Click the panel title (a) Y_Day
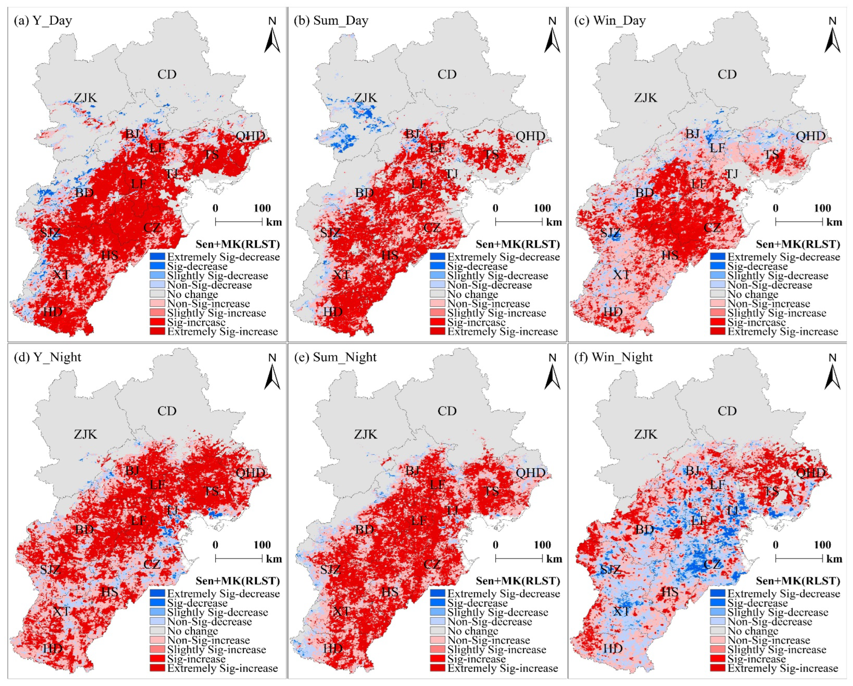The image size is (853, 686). (x=43, y=21)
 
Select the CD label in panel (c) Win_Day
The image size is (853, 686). (x=727, y=74)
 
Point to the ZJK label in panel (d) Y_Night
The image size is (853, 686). (x=85, y=434)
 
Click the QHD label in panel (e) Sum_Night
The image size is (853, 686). (x=531, y=473)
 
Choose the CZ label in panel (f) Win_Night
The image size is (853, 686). (x=712, y=564)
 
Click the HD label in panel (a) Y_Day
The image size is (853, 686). (x=52, y=312)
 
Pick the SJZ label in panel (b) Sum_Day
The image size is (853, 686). (x=330, y=232)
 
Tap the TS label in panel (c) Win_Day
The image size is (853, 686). (x=771, y=155)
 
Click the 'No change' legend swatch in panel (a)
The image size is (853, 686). (x=157, y=294)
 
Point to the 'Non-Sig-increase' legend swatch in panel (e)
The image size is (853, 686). (x=437, y=640)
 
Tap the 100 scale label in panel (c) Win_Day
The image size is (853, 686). (x=822, y=208)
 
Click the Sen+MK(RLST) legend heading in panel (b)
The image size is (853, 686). (x=518, y=244)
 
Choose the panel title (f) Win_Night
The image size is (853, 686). (x=613, y=357)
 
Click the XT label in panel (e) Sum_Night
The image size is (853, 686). (x=341, y=611)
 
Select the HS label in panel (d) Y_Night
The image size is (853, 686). (x=109, y=592)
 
